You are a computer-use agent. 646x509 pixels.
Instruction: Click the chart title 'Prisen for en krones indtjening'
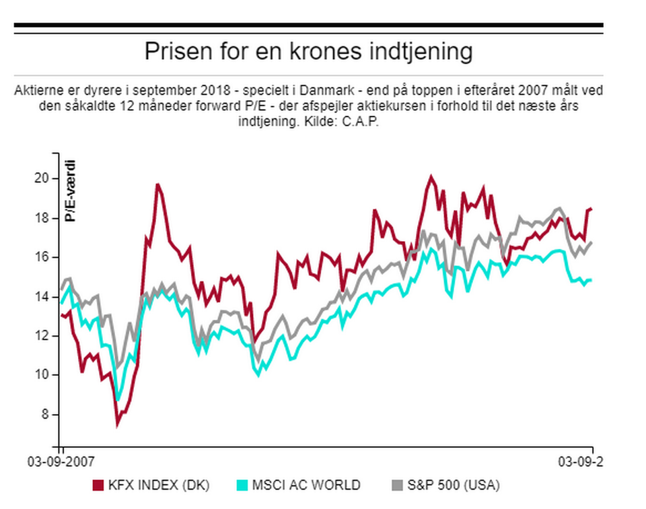click(x=308, y=52)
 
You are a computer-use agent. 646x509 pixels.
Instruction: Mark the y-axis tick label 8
click(x=45, y=415)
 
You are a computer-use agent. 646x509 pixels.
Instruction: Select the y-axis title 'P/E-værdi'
click(x=70, y=191)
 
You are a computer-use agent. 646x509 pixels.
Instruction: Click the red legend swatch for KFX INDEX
click(x=97, y=485)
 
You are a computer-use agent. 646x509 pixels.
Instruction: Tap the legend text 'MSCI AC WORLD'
click(x=307, y=485)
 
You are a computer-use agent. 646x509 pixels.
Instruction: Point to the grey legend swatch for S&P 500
click(x=396, y=485)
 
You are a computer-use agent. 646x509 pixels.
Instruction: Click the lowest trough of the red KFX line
click(x=118, y=424)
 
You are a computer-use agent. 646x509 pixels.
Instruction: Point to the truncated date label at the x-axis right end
click(x=581, y=462)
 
